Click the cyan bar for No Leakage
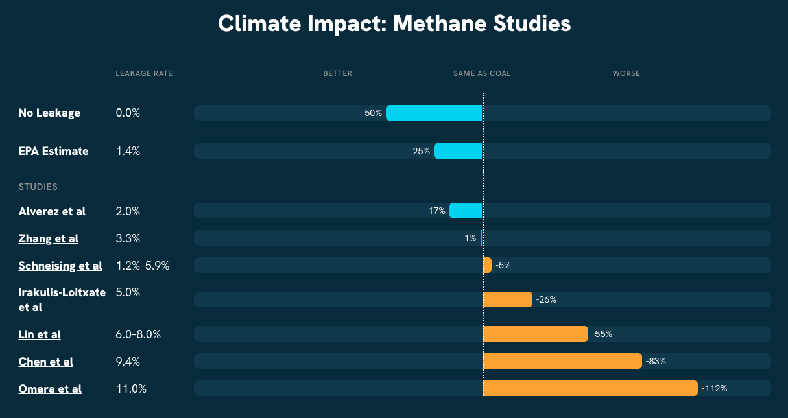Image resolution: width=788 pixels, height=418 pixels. point(434,113)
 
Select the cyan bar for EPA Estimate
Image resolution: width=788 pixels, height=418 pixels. point(458,151)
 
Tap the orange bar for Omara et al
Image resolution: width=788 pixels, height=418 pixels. point(590,388)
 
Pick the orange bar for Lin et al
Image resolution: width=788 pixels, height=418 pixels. point(535,334)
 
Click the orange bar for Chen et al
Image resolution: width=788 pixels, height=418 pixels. point(562,361)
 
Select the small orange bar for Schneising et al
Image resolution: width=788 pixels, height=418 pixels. point(487,265)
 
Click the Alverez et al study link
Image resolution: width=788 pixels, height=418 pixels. point(52,211)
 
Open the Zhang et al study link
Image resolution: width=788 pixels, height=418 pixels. point(49,238)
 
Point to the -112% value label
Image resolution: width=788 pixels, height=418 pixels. point(715,389)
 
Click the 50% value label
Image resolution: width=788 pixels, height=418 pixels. point(373,113)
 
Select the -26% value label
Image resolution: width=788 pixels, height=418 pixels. point(546,299)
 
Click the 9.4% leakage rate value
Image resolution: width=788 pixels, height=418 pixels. point(128,362)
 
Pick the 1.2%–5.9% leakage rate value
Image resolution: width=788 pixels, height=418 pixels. point(142,266)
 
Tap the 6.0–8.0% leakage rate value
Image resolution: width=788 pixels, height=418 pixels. point(138,334)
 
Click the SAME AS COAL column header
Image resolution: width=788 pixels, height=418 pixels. point(482,73)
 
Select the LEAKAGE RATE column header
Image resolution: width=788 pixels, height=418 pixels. point(144,73)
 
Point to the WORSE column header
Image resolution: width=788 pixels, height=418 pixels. point(626,73)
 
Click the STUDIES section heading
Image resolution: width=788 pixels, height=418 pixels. point(38,187)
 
